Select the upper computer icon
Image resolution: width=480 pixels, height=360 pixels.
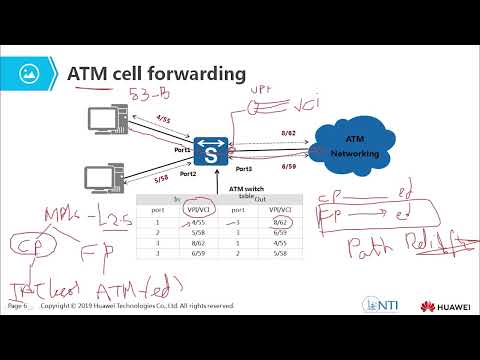tap(106, 122)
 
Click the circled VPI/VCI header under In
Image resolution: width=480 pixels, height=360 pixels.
tap(183, 211)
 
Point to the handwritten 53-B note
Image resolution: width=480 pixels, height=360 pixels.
tap(150, 97)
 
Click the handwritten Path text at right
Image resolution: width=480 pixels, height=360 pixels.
tap(372, 245)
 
